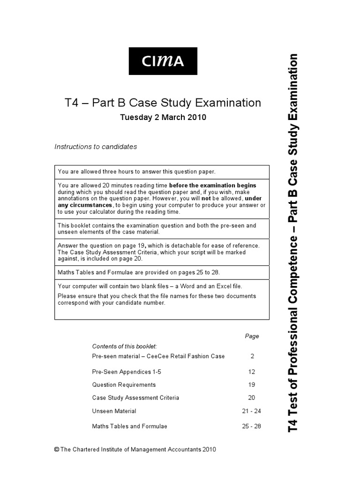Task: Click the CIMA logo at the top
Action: pos(163,60)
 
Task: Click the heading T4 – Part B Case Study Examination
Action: pos(162,103)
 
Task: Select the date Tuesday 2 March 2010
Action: pos(163,118)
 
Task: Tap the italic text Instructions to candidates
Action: pos(96,147)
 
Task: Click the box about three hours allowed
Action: pos(162,172)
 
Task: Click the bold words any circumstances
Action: pos(85,205)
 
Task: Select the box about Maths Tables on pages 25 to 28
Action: pos(162,272)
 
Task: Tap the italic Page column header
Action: pos(252,336)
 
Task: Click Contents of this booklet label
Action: pos(124,346)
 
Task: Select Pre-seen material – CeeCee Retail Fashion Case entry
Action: pos(158,356)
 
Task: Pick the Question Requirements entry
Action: pos(124,384)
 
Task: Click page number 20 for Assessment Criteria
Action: pos(252,397)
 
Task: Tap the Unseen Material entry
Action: pos(114,411)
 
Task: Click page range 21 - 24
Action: pos(252,411)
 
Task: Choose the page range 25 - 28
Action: pos(252,426)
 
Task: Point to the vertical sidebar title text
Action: pos(293,242)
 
